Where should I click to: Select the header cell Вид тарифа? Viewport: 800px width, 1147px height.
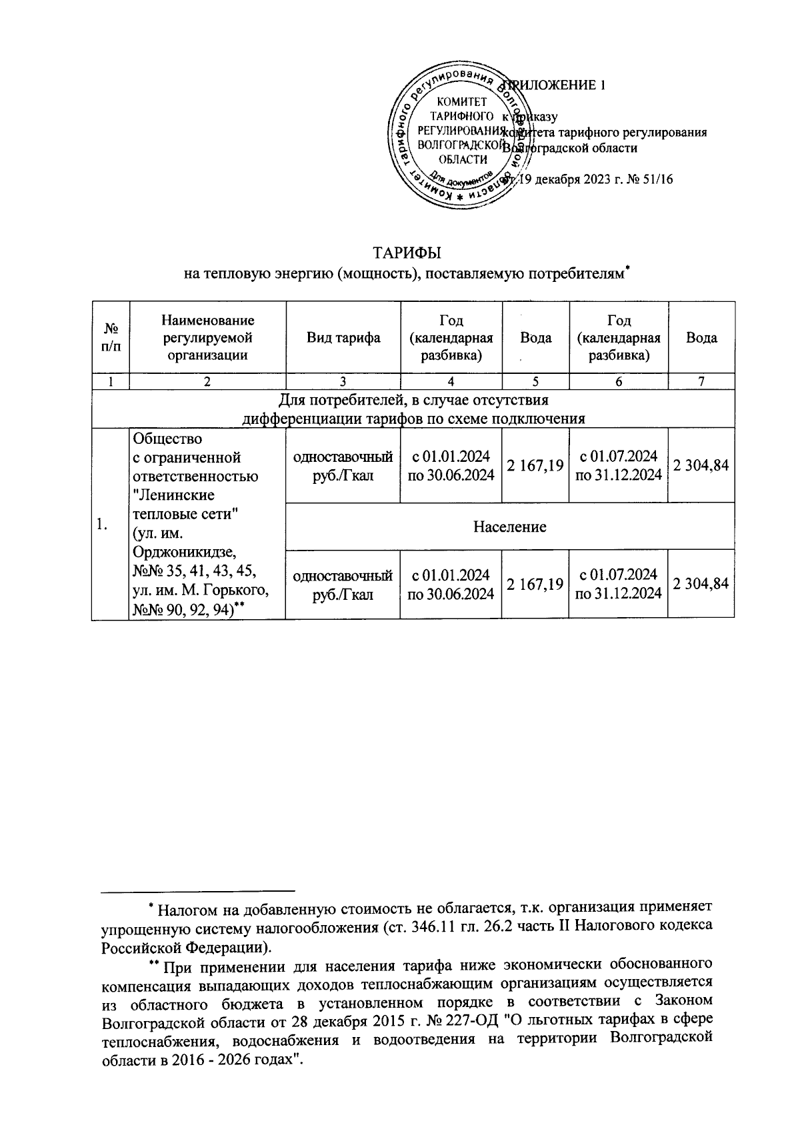tap(343, 338)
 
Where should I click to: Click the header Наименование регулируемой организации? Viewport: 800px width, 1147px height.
tap(207, 338)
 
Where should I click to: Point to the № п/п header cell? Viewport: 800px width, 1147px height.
tap(110, 338)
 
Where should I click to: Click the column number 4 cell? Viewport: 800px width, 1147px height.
tap(451, 381)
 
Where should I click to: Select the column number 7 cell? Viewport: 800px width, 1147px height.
tap(701, 381)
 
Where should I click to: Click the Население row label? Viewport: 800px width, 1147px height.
tap(509, 527)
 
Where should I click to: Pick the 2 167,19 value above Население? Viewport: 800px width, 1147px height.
tap(535, 466)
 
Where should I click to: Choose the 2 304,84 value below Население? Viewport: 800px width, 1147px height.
tap(701, 584)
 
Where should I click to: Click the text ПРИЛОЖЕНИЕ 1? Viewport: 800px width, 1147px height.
tap(557, 85)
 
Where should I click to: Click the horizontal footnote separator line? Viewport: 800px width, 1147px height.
tap(198, 890)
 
